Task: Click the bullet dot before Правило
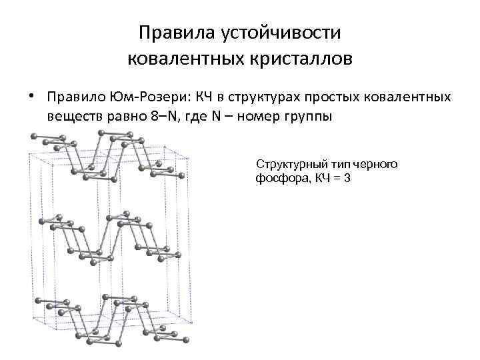(x=31, y=97)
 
